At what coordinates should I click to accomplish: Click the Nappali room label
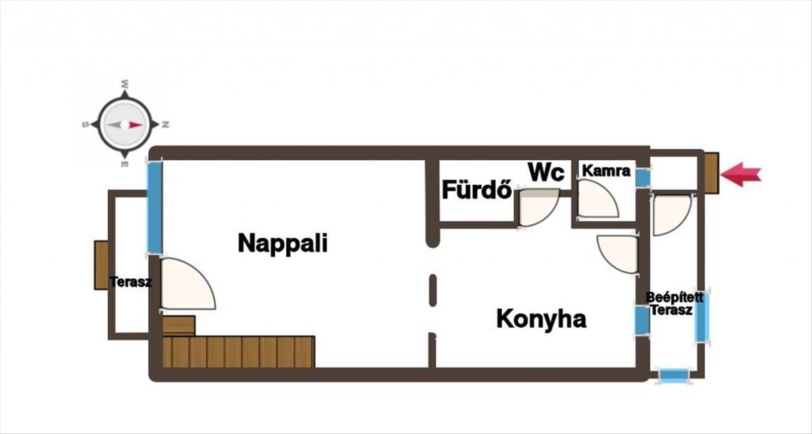tap(283, 243)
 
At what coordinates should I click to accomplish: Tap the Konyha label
tap(541, 319)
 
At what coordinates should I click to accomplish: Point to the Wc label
tap(546, 172)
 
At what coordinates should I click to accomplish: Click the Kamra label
tap(606, 171)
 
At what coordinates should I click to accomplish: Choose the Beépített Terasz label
tap(675, 304)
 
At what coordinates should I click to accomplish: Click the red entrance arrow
tap(741, 175)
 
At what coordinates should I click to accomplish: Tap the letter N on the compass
tap(165, 125)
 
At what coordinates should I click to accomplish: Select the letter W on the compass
tap(125, 85)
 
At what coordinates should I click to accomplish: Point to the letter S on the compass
tap(85, 125)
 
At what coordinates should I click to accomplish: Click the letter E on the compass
tap(125, 165)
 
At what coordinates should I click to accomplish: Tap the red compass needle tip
tap(143, 125)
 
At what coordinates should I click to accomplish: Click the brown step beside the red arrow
tap(711, 173)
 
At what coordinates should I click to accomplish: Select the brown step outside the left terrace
tap(101, 265)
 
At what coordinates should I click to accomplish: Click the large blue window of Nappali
tap(154, 207)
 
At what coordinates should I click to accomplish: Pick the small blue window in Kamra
tap(643, 177)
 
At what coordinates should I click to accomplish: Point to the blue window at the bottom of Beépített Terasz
tap(674, 375)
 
